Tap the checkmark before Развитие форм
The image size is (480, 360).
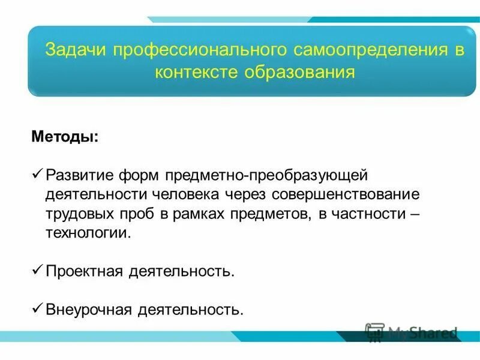(x=37, y=175)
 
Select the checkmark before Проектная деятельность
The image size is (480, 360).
(x=37, y=271)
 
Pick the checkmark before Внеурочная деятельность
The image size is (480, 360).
(x=37, y=309)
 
